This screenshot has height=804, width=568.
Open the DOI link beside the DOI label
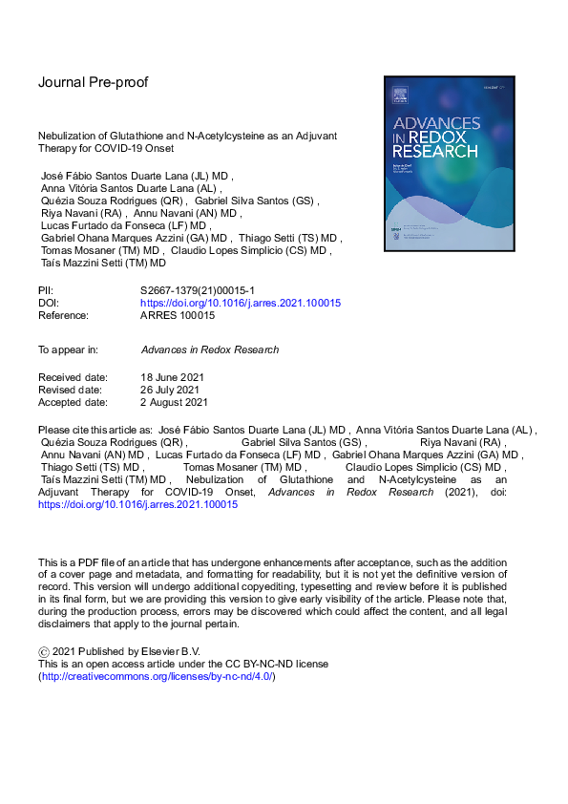pos(240,303)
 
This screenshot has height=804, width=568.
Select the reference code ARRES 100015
pos(178,315)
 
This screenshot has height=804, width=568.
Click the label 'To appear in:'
pos(69,349)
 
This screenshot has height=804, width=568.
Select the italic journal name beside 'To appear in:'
pos(209,349)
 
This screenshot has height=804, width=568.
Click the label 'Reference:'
pos(63,315)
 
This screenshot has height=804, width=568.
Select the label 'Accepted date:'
pos(73,402)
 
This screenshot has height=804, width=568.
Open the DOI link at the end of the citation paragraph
pos(137,504)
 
